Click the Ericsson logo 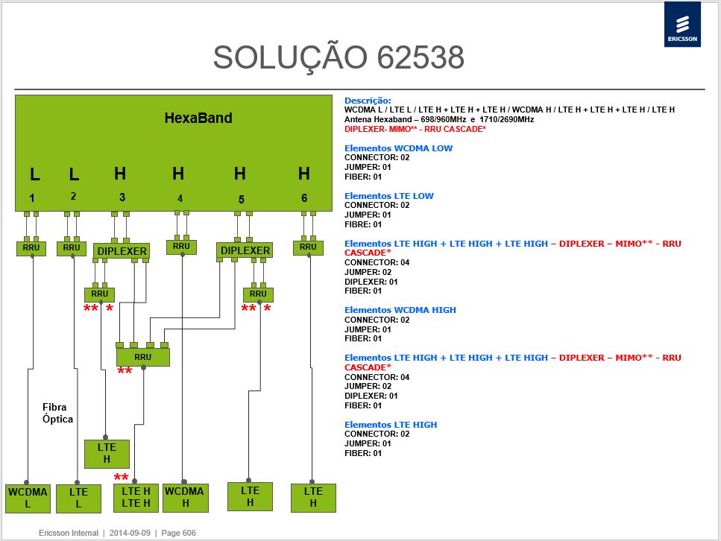point(682,25)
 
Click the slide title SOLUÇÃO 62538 point(339,58)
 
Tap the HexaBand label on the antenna point(198,118)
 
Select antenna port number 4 point(180,198)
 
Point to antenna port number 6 point(304,197)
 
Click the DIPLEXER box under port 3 point(122,251)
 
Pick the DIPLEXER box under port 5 point(245,250)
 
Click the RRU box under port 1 point(31,247)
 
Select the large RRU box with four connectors point(143,357)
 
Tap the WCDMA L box point(28,498)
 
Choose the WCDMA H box point(184,497)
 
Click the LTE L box point(78,499)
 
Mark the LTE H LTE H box point(136,498)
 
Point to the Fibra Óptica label point(57,413)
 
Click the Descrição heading point(368,101)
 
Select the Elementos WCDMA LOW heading point(398,148)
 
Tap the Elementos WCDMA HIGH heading point(400,310)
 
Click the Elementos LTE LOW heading point(389,196)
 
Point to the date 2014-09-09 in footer point(130,533)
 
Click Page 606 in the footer point(178,533)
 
